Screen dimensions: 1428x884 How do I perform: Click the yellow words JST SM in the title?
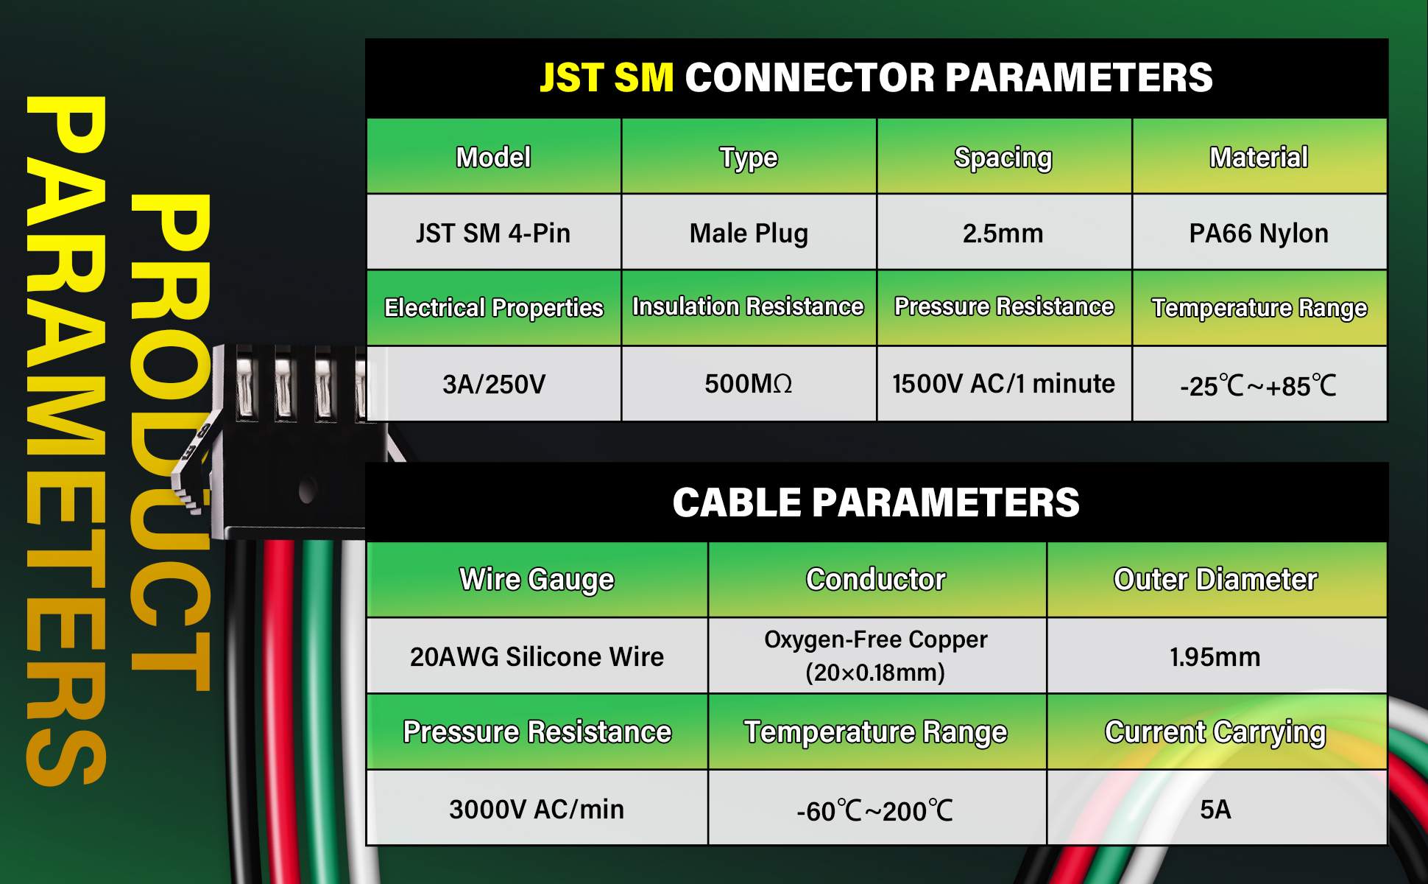[x=607, y=77]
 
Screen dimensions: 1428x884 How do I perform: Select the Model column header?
[x=493, y=157]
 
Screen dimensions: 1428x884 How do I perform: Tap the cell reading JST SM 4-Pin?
[x=493, y=234]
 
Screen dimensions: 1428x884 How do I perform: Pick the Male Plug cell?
[x=749, y=234]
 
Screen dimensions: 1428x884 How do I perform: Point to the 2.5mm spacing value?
[x=1003, y=234]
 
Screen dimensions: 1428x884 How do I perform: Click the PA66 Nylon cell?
[x=1259, y=234]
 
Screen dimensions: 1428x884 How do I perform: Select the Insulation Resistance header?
[x=748, y=306]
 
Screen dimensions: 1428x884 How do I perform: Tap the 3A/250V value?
[x=494, y=384]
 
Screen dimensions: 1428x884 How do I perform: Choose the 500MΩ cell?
[x=749, y=383]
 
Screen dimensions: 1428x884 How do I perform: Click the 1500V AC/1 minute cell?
[x=1003, y=383]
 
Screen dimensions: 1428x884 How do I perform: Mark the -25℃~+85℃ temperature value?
[x=1258, y=385]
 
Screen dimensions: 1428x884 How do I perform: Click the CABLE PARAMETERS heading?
[x=876, y=502]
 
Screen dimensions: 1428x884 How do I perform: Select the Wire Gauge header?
[x=537, y=580]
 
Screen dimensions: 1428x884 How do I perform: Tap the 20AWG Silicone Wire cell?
[x=537, y=656]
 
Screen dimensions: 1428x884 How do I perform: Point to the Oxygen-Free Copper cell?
[x=876, y=656]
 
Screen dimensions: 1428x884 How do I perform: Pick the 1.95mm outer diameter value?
[x=1215, y=656]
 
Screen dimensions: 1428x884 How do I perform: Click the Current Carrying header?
[x=1215, y=732]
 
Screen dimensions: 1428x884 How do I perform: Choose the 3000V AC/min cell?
[x=537, y=809]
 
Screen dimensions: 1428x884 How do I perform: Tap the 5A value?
[x=1215, y=809]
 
